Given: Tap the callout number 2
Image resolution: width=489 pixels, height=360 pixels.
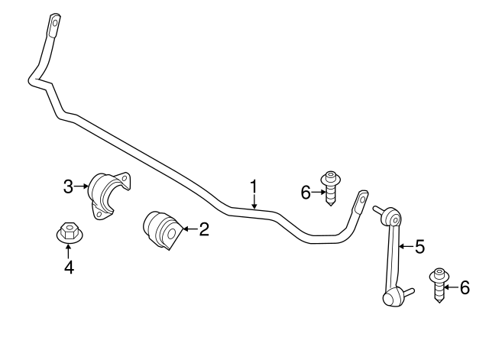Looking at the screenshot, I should coord(203,229).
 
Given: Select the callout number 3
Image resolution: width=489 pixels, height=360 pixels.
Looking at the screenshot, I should coord(69,186).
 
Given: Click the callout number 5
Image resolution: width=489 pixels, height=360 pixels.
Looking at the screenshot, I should coord(419,246).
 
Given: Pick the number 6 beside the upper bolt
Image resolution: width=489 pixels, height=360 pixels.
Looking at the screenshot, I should coord(306,193).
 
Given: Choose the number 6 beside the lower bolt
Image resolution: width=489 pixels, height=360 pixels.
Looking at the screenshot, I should coord(465,287).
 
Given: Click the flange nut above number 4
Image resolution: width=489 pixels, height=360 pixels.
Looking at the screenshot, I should coord(68,232).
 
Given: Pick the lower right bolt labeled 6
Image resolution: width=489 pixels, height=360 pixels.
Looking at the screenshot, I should coord(439,284).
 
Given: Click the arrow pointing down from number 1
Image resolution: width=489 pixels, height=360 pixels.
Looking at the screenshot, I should coord(254,202).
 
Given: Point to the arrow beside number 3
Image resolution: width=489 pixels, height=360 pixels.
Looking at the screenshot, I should coord(83,186).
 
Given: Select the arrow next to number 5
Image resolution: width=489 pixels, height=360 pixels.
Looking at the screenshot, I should coord(406,246).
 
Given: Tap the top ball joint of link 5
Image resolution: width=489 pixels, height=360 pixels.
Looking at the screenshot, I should coord(393,219).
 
